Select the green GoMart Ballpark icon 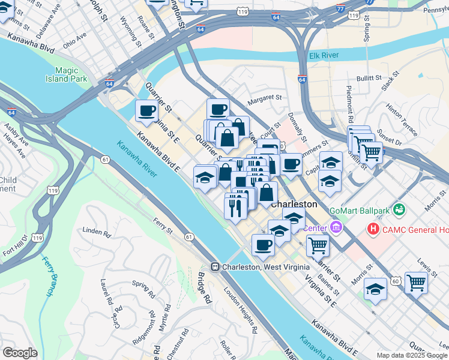(399, 211)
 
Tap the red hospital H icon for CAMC (373, 229)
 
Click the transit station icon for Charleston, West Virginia (214, 267)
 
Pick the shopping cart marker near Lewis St (415, 282)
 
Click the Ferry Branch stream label (49, 277)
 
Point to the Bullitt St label (368, 78)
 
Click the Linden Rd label (97, 232)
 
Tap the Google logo (20, 353)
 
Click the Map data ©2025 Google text (412, 355)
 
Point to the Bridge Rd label (205, 288)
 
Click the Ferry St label (162, 226)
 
